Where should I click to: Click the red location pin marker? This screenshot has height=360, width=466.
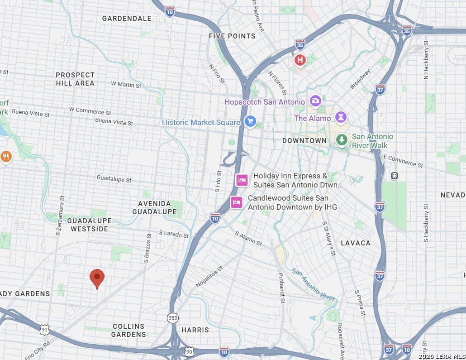click(97, 278)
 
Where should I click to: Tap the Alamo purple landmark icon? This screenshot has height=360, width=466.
click(341, 118)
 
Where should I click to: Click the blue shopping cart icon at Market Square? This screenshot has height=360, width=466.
click(250, 121)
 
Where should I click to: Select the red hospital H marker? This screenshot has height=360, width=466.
click(300, 60)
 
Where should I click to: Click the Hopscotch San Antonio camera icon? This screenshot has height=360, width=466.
click(315, 101)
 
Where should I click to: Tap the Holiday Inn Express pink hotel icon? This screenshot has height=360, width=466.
click(242, 181)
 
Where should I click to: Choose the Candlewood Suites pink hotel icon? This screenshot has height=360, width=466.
click(236, 202)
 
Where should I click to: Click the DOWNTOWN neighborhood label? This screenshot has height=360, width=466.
click(304, 141)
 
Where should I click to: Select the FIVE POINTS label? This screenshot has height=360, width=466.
click(232, 36)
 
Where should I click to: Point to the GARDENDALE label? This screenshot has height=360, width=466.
click(127, 19)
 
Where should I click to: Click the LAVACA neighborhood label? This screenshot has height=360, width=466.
click(356, 243)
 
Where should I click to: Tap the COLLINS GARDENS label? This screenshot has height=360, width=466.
click(129, 330)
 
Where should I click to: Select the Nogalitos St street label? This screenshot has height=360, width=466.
click(209, 276)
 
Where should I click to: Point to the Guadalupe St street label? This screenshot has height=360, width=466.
click(114, 179)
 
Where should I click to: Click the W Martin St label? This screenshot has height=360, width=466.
click(126, 85)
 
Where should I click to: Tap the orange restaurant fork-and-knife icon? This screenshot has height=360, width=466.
click(6, 157)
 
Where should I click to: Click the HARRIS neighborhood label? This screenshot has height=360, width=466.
click(195, 330)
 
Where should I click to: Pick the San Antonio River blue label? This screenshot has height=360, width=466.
click(314, 284)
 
